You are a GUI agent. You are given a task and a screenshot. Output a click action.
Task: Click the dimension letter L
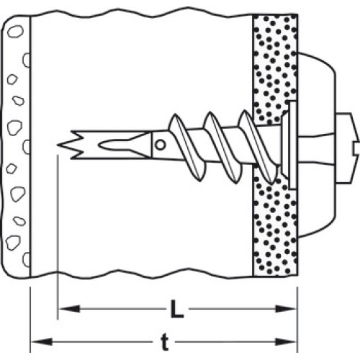point(177,309)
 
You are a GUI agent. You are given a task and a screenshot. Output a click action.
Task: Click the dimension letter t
point(165,342)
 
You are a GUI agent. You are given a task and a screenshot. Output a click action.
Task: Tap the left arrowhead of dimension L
point(70,309)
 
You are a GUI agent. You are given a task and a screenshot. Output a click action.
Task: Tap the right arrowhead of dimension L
point(286,309)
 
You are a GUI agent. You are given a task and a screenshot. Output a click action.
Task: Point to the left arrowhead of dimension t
point(42,341)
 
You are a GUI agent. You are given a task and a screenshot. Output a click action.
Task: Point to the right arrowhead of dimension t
point(286,342)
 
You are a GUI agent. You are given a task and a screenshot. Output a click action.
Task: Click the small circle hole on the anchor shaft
point(161,145)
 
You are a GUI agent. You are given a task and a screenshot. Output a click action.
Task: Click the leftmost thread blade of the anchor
point(187,148)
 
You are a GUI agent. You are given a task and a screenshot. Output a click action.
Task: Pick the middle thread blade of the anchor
point(222,148)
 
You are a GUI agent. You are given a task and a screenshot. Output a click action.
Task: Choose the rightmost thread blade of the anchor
point(258,147)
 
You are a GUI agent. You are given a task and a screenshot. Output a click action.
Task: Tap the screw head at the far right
point(347,148)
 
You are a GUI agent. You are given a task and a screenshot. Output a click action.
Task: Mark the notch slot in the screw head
point(356,148)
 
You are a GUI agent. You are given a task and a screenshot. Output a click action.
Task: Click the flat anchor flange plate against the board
point(293,145)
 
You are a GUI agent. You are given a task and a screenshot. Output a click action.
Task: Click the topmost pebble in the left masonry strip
point(16,31)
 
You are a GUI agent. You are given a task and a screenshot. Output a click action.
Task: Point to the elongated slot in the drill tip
point(122,145)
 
